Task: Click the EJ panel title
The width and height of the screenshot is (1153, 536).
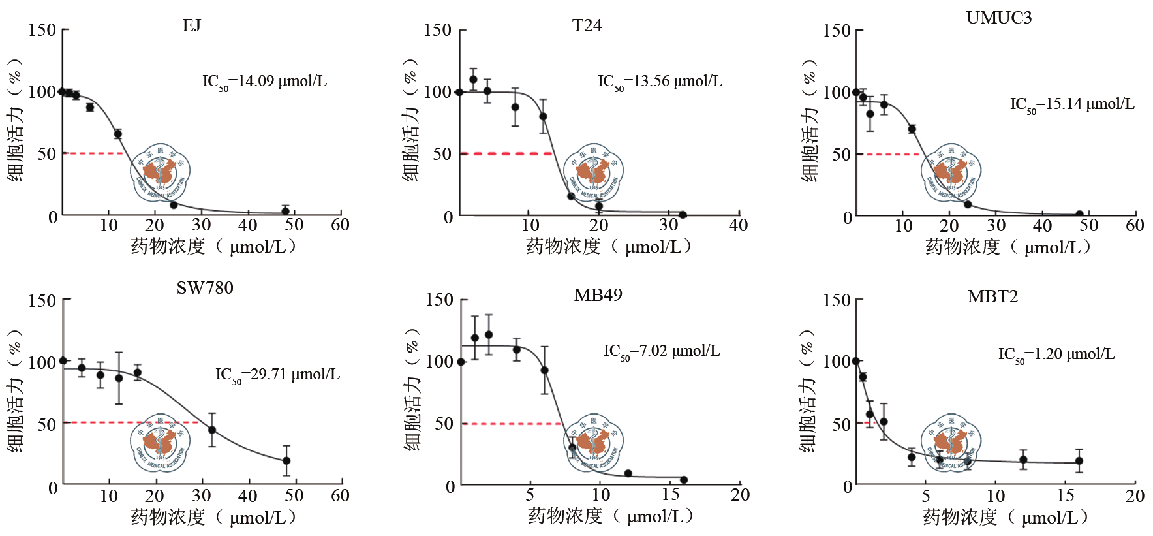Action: (192, 25)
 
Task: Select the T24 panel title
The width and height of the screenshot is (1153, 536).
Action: (587, 25)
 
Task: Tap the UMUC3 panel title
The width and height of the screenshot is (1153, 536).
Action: (998, 18)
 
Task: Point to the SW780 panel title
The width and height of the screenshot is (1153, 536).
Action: (205, 288)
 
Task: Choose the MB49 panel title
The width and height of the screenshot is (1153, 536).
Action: (598, 295)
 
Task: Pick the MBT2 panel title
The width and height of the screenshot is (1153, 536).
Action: (992, 296)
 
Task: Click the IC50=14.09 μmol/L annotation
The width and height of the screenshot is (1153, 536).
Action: (264, 82)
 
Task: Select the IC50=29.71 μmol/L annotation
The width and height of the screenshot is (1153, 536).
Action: (277, 375)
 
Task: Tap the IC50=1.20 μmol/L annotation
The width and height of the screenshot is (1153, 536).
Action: (1056, 355)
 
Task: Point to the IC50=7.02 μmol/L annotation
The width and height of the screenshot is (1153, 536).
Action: (662, 351)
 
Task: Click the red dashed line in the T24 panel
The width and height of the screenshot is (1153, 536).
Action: (506, 153)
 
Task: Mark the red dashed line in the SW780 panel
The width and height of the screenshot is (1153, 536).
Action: (131, 422)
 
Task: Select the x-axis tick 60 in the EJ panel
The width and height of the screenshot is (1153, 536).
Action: (340, 225)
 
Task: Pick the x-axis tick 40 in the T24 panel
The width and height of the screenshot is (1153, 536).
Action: (738, 225)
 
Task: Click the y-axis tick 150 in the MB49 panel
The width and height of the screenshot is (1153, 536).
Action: (439, 300)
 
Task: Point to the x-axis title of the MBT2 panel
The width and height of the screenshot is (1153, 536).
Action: (1005, 517)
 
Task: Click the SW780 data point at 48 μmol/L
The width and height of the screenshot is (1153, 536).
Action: (286, 461)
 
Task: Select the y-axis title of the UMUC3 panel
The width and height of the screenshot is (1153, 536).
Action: (809, 121)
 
